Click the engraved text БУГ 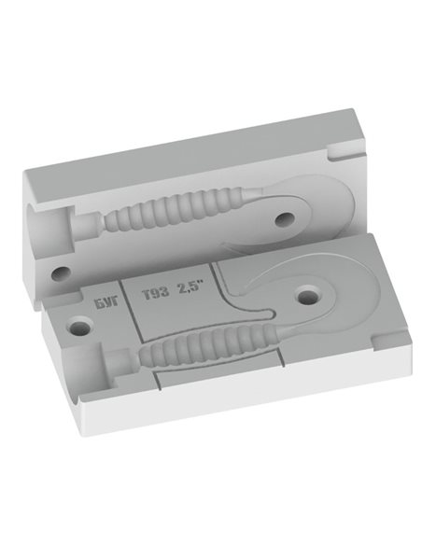pyautogui.click(x=106, y=301)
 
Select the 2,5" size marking pyautogui.click(x=190, y=288)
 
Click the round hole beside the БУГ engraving pyautogui.click(x=79, y=327)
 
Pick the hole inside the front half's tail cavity pyautogui.click(x=308, y=296)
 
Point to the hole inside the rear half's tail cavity pyautogui.click(x=285, y=219)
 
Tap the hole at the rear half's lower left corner pyautogui.click(x=62, y=273)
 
